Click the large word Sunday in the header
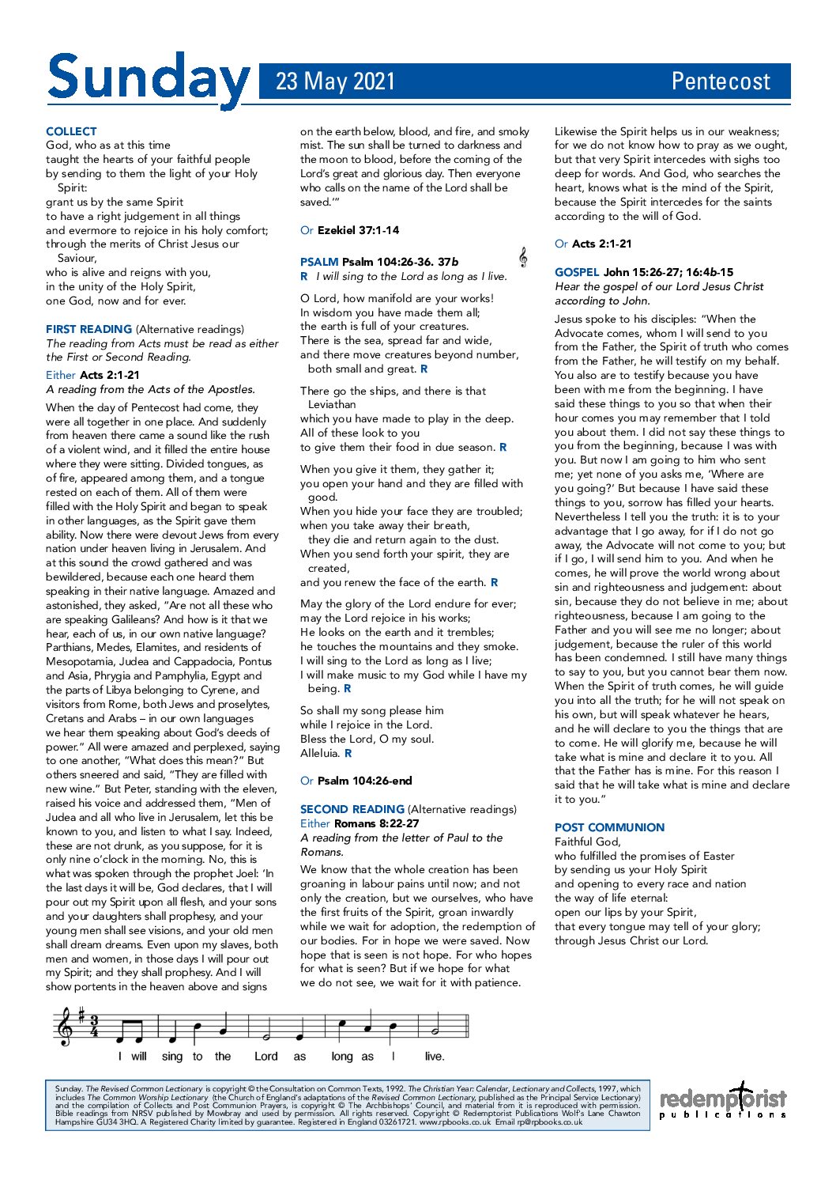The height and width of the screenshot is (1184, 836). click(x=148, y=81)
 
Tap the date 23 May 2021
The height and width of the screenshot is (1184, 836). click(x=335, y=81)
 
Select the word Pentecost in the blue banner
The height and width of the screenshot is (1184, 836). click(x=720, y=81)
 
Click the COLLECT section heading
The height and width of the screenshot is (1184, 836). click(x=71, y=131)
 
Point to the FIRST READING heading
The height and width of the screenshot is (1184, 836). click(x=88, y=329)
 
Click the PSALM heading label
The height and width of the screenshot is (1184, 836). click(x=319, y=262)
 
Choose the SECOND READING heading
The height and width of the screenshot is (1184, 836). click(x=352, y=809)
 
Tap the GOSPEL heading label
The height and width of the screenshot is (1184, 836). click(x=577, y=272)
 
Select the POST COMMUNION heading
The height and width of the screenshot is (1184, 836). click(x=609, y=827)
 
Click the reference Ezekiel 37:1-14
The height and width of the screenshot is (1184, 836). click(x=358, y=230)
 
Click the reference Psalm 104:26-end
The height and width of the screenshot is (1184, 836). click(x=364, y=781)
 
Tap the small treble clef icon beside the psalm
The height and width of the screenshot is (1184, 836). click(x=522, y=257)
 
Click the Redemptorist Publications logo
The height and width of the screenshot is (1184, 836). click(x=723, y=1100)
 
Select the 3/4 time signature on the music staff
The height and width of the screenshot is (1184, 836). click(x=94, y=1027)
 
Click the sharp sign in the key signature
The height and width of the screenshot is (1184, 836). click(x=80, y=1014)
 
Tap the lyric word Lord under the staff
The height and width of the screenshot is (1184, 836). click(x=265, y=1056)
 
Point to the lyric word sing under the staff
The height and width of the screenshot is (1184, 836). click(x=171, y=1056)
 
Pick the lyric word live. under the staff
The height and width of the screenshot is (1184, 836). click(x=435, y=1056)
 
